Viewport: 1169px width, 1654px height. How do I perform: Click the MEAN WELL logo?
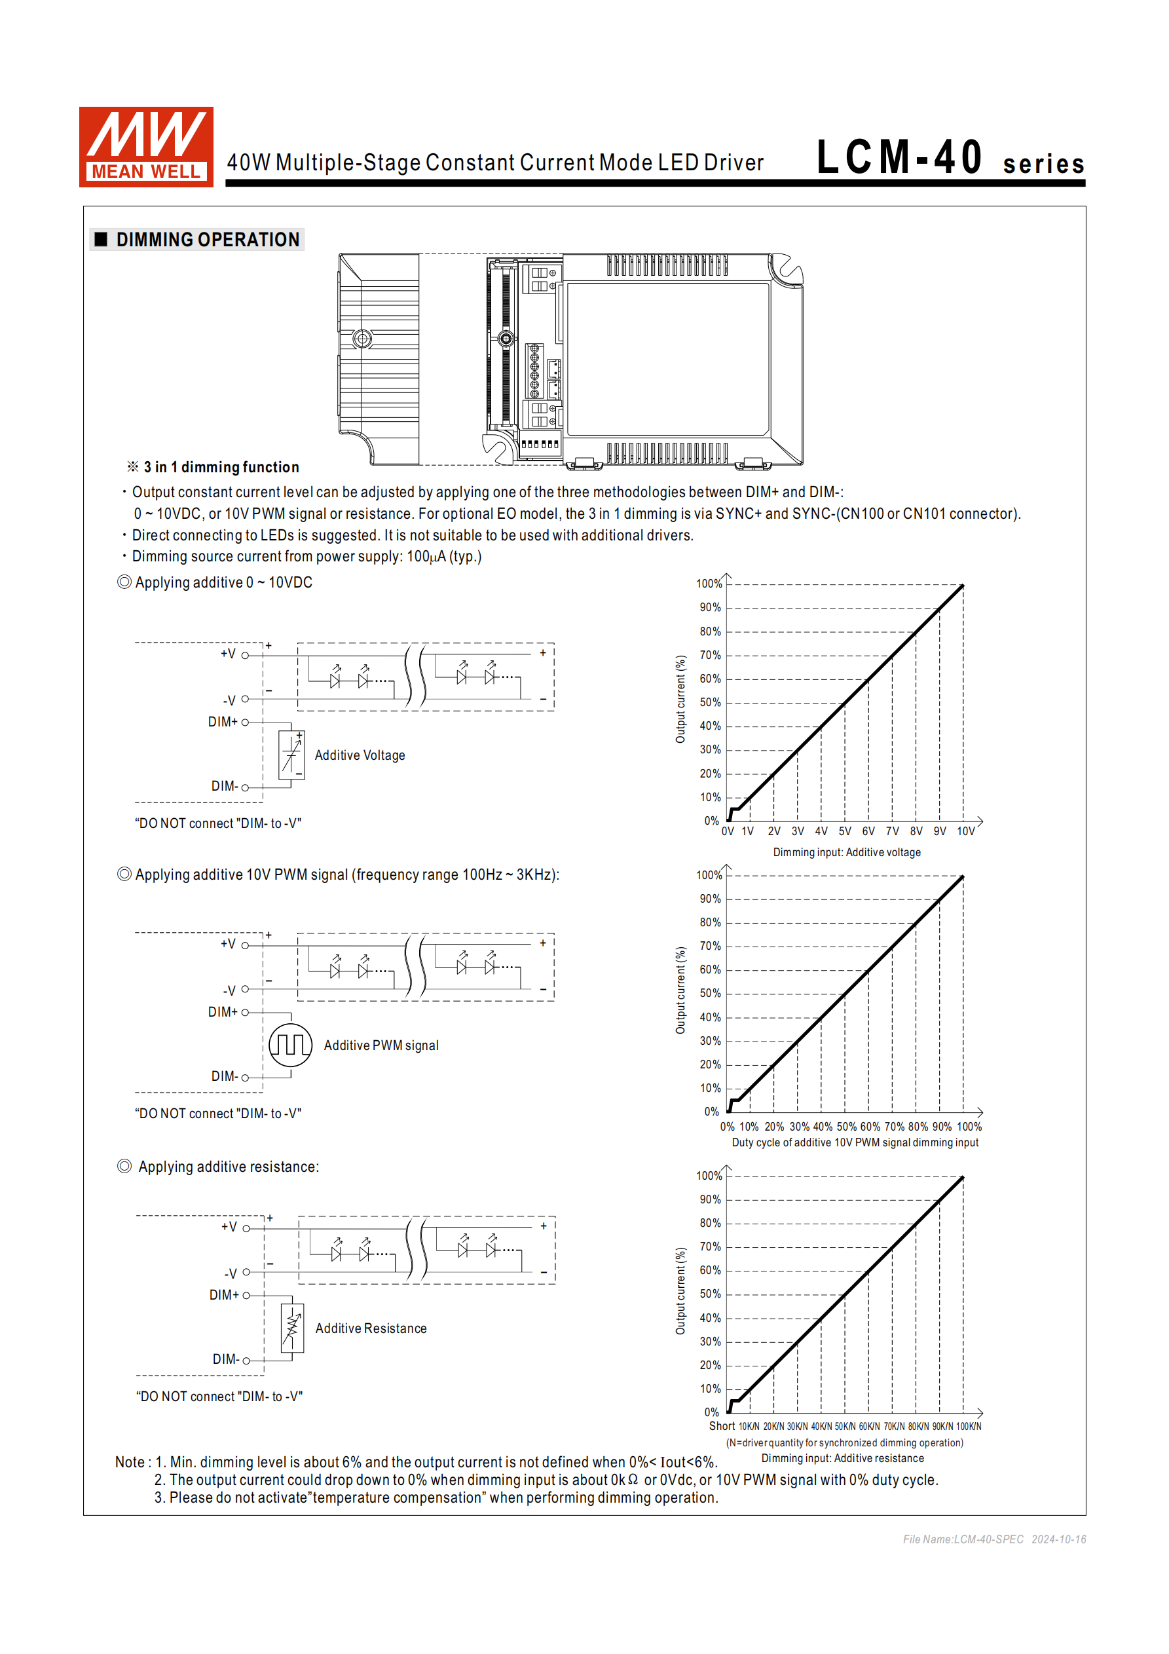pyautogui.click(x=146, y=147)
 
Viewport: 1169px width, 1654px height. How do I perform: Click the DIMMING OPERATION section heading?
pyautogui.click(x=207, y=240)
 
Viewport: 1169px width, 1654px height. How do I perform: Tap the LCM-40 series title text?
pyautogui.click(x=950, y=159)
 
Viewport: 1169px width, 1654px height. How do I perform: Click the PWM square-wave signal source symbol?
pyautogui.click(x=290, y=1045)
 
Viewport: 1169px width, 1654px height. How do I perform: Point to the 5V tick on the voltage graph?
pyautogui.click(x=845, y=831)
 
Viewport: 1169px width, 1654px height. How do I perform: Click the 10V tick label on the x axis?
pyautogui.click(x=965, y=831)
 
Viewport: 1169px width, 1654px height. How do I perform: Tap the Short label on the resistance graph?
pyautogui.click(x=722, y=1425)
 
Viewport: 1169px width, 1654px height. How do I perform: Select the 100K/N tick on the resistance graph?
pyautogui.click(x=968, y=1426)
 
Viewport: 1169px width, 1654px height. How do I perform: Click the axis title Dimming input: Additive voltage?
pyautogui.click(x=846, y=852)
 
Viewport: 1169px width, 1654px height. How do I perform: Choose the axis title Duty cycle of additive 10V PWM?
pyautogui.click(x=855, y=1142)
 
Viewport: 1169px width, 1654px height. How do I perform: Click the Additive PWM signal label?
pyautogui.click(x=381, y=1045)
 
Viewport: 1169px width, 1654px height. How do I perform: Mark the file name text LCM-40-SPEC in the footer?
pyautogui.click(x=988, y=1539)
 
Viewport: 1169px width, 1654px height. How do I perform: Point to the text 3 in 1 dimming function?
pyautogui.click(x=221, y=467)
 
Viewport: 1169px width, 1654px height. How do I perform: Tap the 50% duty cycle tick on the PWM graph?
pyautogui.click(x=846, y=1127)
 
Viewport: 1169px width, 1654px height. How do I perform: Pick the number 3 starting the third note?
pyautogui.click(x=158, y=1497)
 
